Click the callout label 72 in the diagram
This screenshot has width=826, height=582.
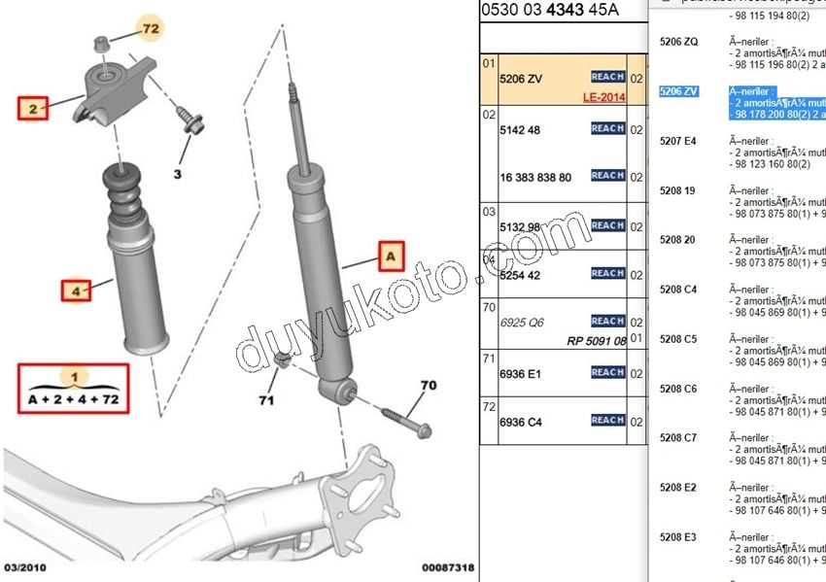149,28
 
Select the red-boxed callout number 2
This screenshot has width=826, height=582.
34,109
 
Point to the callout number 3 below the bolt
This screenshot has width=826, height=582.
178,175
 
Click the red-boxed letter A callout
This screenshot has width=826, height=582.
390,257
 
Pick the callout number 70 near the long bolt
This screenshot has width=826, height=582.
429,386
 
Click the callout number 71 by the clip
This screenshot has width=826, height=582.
267,399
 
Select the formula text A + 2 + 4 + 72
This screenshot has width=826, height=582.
75,398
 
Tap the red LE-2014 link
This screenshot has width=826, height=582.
603,97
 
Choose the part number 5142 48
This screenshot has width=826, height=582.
520,129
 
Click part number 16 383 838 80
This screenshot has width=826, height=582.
535,177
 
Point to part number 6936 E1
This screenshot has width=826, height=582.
520,372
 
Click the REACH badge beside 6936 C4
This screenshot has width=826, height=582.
607,421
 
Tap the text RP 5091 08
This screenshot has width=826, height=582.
597,341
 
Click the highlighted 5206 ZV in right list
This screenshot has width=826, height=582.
678,91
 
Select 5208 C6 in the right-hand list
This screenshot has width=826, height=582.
678,389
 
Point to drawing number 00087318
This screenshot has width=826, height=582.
448,567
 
